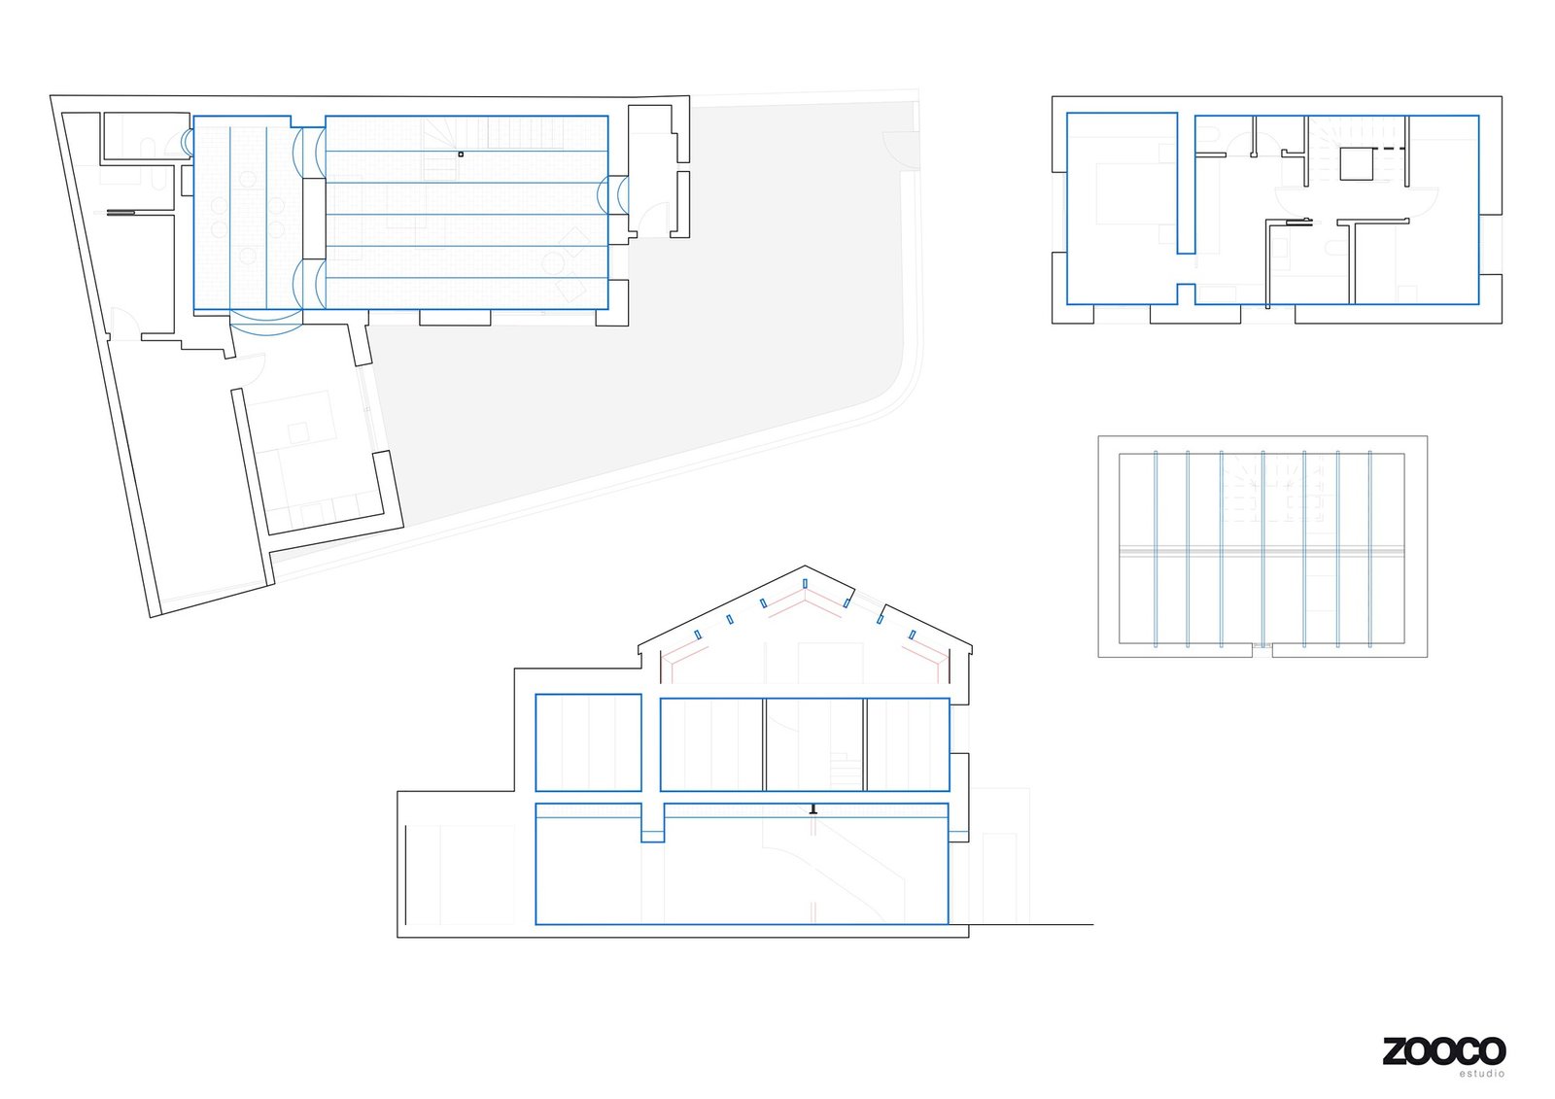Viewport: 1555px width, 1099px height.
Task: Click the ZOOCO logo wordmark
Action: coord(1443,1051)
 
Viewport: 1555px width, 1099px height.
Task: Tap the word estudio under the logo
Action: coord(1481,1074)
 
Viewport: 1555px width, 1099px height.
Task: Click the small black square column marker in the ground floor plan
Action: coord(461,154)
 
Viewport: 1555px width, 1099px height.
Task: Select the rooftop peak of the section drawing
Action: coord(805,567)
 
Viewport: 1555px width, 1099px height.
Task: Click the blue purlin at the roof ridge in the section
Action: coord(805,583)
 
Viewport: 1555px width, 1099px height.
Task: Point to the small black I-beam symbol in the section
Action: coord(813,807)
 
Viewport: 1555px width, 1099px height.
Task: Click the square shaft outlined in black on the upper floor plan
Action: coord(1356,163)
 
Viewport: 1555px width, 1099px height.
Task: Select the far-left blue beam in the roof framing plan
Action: coord(1156,549)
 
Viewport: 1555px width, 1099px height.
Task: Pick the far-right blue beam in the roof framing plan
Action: coord(1370,549)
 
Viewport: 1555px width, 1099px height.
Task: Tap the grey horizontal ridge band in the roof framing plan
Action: coord(1261,551)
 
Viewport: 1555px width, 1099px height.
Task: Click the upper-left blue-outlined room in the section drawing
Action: coord(588,742)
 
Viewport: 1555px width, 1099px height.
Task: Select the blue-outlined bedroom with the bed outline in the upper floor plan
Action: coord(1123,208)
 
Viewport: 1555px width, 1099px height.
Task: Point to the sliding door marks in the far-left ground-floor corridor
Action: coord(121,212)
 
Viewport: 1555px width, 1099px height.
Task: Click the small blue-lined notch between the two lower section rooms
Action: coord(652,823)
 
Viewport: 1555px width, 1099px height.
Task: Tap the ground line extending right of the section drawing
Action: coord(1030,924)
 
